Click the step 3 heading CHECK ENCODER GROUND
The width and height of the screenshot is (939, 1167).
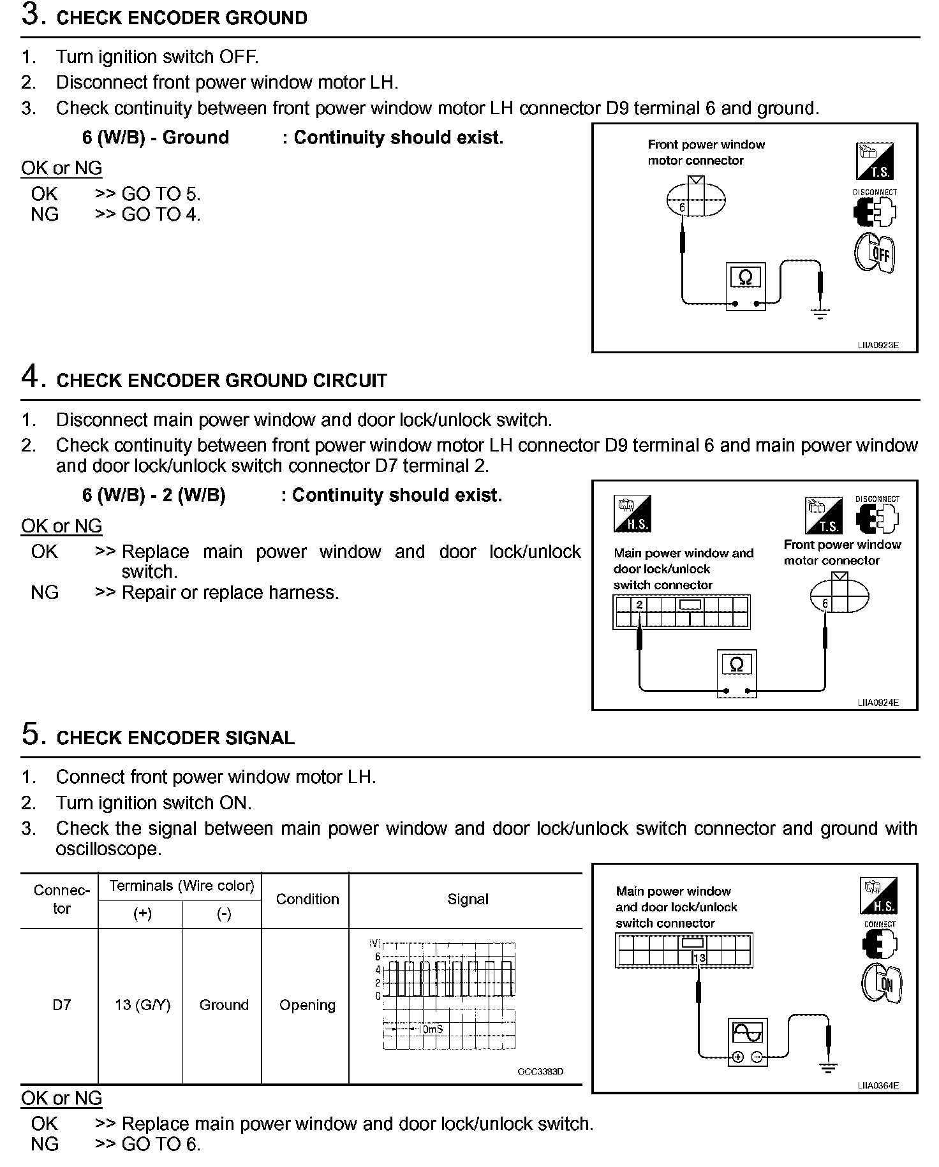182,18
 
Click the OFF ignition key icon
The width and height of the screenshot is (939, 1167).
875,254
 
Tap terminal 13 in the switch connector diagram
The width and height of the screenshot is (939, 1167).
699,958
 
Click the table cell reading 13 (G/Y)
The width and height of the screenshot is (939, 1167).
142,1005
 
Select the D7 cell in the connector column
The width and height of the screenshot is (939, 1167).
61,1005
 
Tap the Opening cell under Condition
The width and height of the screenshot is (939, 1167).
307,1005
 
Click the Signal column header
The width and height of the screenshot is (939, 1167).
468,899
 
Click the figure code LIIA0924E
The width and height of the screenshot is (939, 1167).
878,703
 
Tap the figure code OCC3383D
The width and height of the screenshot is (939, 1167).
540,1072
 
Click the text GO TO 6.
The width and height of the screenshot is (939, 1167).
161,1145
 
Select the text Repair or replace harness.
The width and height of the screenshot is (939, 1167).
230,592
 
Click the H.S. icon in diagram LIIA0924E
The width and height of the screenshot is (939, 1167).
632,513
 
